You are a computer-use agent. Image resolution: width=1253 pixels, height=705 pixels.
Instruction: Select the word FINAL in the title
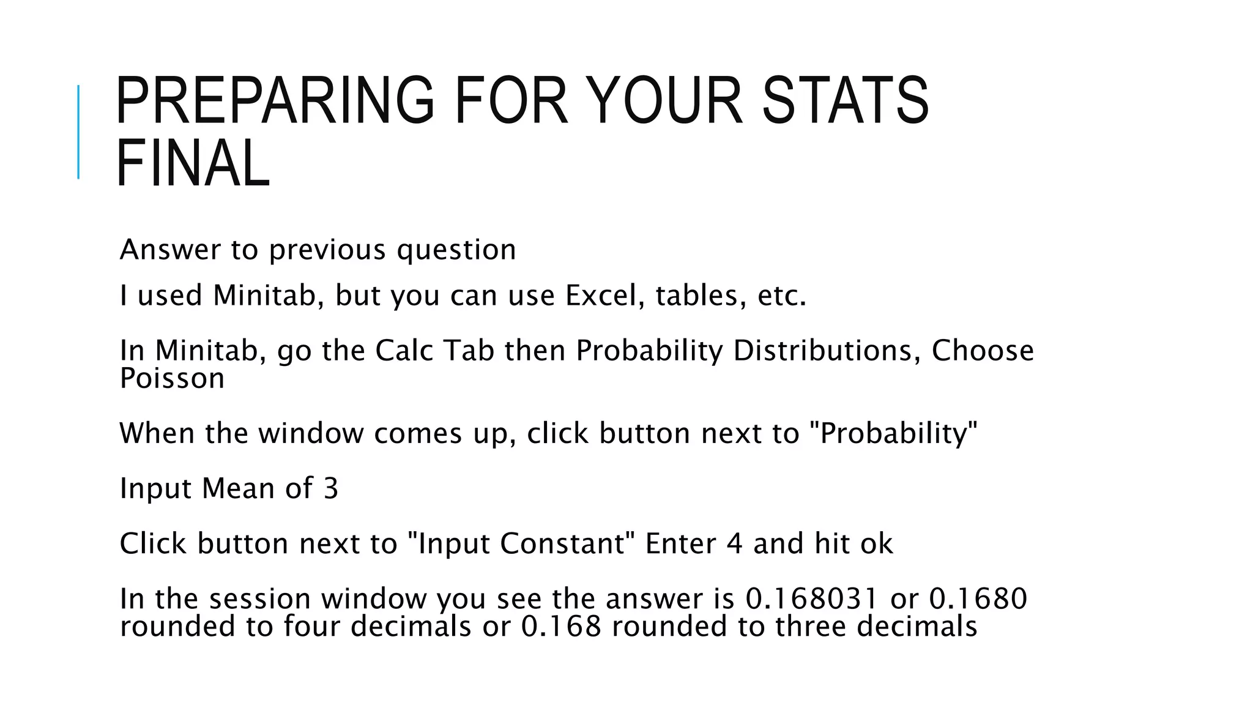[193, 164]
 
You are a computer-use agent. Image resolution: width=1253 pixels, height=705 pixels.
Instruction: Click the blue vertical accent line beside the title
[78, 132]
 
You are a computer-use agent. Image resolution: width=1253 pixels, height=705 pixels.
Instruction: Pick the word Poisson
[172, 379]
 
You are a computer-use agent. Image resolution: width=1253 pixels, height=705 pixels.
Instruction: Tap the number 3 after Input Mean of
[330, 489]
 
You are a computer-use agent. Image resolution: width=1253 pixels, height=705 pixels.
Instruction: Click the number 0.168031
[812, 599]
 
